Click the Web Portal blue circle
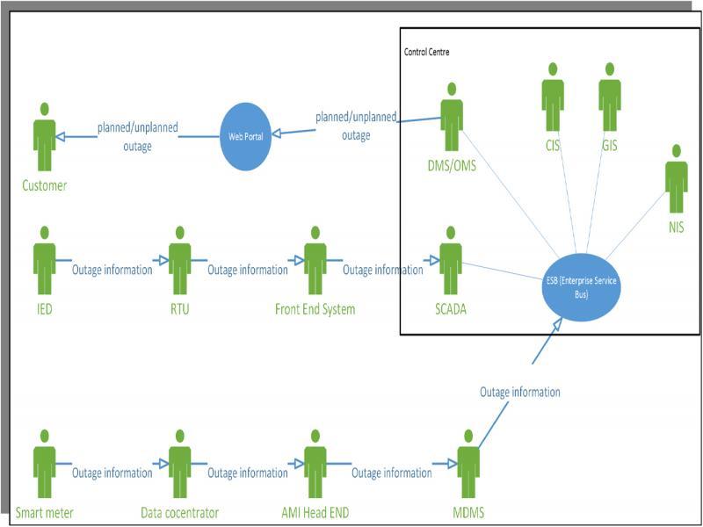coord(246,136)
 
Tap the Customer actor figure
coord(44,136)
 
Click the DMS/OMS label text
coord(452,165)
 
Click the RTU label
coord(180,309)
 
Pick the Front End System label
coord(315,309)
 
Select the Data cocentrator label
coord(179,512)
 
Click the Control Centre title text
coord(427,53)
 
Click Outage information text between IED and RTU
coord(112,270)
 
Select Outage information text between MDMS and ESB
coord(519,392)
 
